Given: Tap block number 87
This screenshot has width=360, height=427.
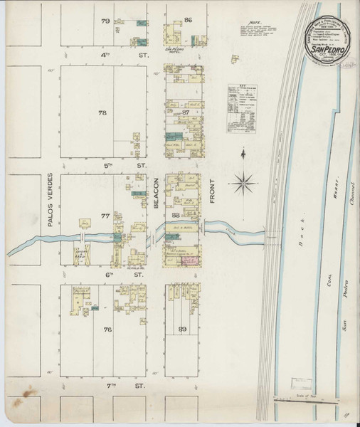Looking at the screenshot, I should click(x=186, y=113).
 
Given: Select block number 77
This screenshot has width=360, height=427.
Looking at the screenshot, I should click(x=105, y=215).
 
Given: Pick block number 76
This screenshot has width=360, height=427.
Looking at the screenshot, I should click(x=107, y=330).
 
